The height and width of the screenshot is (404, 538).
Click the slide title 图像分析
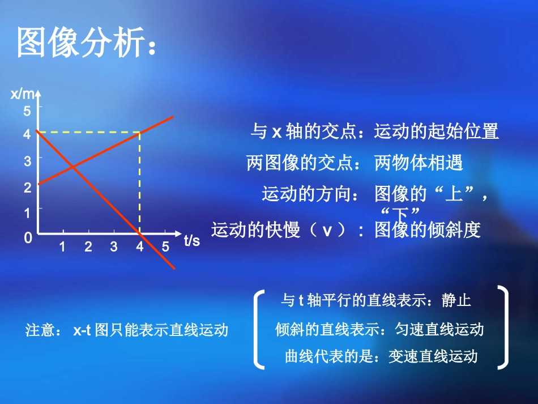[x=85, y=43]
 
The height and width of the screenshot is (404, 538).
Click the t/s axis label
[x=192, y=240]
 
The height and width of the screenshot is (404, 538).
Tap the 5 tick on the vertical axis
[x=27, y=111]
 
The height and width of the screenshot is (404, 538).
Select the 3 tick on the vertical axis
[x=27, y=161]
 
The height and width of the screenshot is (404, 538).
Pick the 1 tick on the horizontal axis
[x=62, y=247]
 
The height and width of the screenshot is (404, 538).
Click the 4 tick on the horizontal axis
[x=139, y=247]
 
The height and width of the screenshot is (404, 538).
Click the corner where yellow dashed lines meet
[x=140, y=133]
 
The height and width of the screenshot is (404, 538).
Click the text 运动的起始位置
[x=436, y=131]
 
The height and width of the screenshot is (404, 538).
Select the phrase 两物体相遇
[x=419, y=163]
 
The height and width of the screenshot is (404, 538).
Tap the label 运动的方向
[x=310, y=194]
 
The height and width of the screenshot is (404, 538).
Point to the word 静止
[x=456, y=300]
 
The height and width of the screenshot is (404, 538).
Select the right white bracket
[x=502, y=328]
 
